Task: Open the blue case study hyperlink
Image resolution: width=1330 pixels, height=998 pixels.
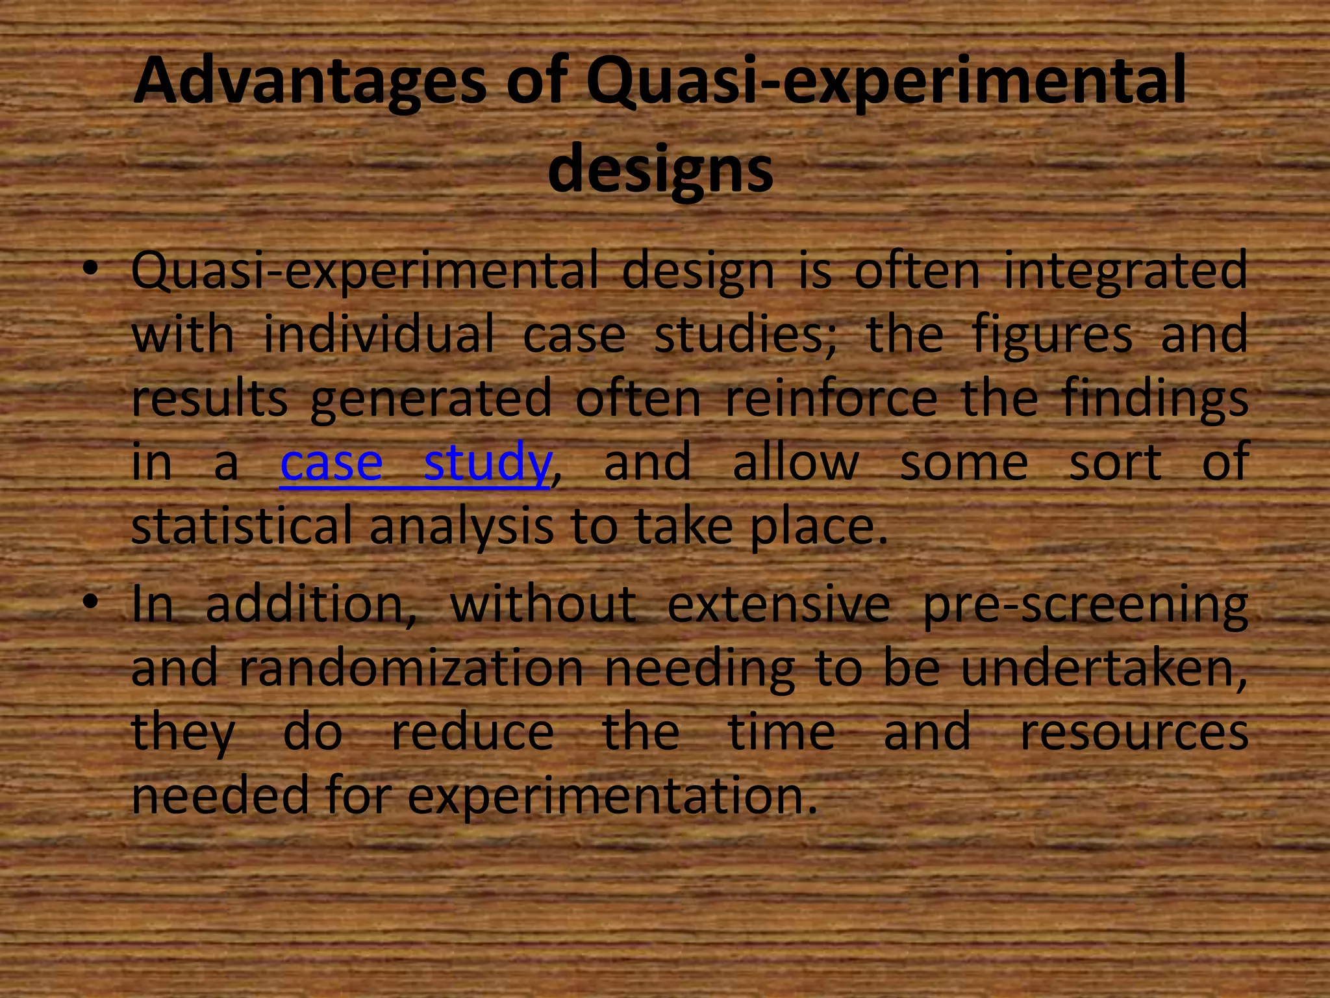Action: point(416,462)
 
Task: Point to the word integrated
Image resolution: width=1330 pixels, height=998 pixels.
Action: point(1125,272)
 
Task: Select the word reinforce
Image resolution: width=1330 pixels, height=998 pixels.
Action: point(831,398)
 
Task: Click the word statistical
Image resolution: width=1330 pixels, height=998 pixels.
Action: point(242,526)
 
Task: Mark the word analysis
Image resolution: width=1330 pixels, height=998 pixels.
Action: point(461,527)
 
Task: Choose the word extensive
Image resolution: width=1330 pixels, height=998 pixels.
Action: point(778,604)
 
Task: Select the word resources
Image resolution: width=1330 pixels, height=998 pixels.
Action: point(1134,732)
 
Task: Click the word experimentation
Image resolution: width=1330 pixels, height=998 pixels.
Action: point(612,796)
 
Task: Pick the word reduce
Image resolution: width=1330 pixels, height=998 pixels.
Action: point(472,732)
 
